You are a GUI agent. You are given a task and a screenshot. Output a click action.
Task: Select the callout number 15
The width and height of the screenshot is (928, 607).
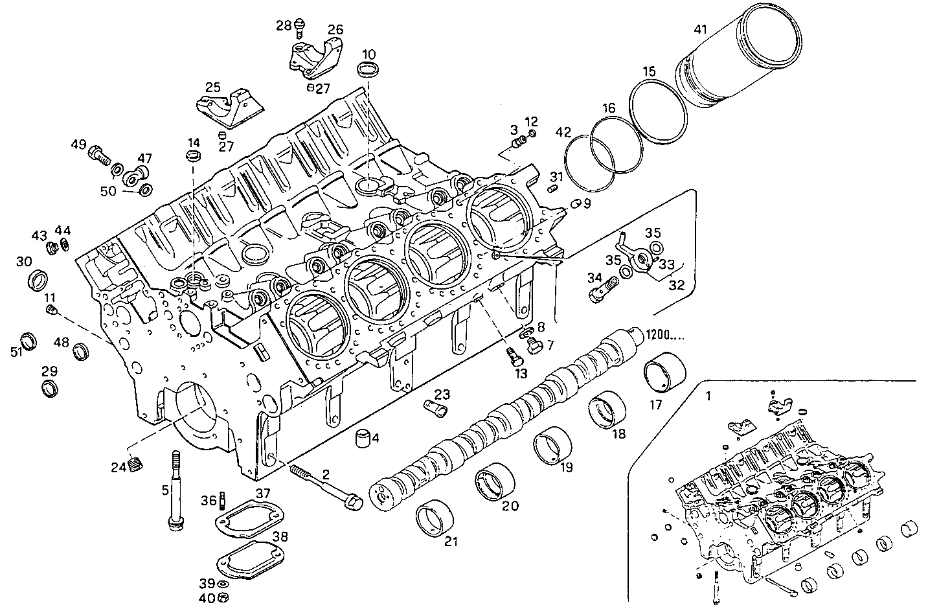650,71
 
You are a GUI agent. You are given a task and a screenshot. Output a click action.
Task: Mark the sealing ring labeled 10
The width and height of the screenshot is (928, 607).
368,71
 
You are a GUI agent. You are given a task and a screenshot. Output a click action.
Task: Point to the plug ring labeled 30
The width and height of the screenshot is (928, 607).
40,279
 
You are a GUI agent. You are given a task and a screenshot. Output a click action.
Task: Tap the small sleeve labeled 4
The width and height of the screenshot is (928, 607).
365,439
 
